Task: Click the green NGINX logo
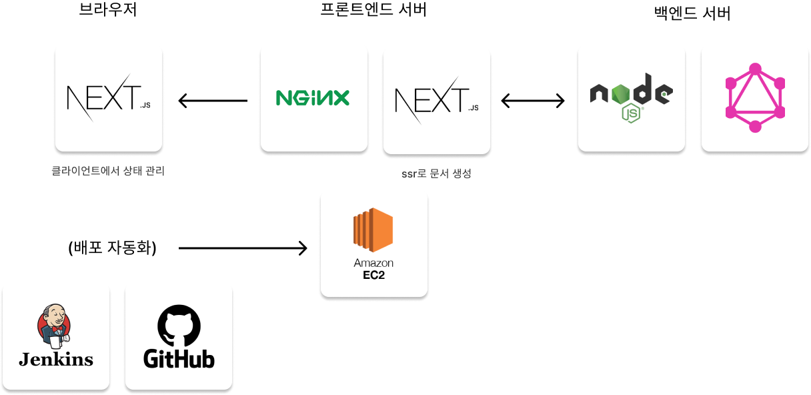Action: [x=313, y=98]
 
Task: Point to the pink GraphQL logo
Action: [x=755, y=97]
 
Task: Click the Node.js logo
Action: [x=631, y=97]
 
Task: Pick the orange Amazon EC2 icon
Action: [x=373, y=230]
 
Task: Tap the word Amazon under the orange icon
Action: [x=373, y=263]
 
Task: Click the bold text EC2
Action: [x=373, y=275]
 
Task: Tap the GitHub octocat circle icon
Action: [x=179, y=326]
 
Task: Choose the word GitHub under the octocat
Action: [x=179, y=359]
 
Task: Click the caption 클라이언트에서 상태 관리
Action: [x=108, y=171]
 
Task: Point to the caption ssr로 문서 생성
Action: [x=436, y=173]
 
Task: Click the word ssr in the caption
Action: [x=408, y=174]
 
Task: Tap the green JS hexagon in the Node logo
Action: [x=631, y=113]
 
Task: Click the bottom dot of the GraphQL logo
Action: [x=755, y=127]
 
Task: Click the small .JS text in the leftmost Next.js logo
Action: [x=145, y=105]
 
